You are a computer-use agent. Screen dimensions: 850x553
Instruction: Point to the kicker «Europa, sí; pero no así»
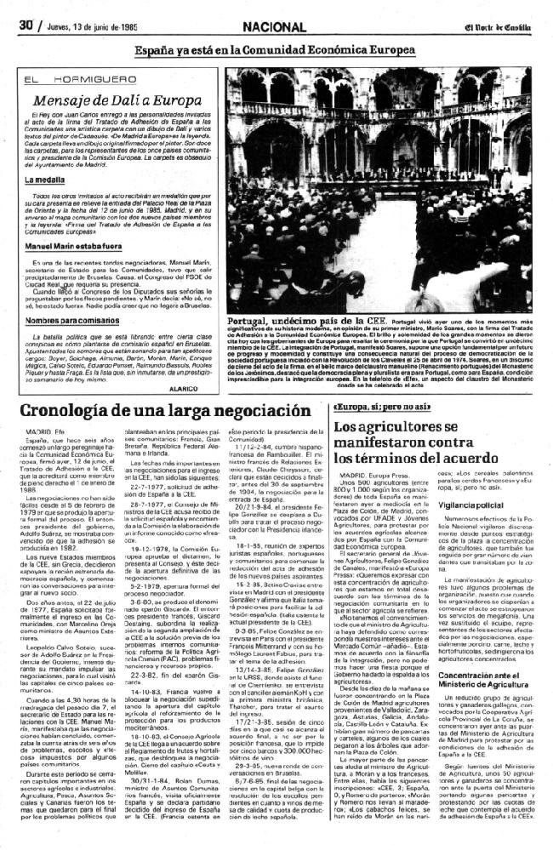[x=371, y=407]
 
